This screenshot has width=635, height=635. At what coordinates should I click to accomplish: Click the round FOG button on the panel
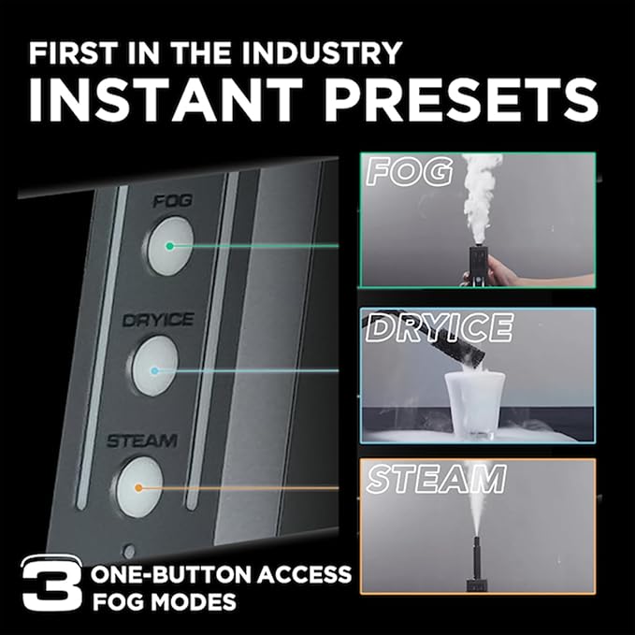pyautogui.click(x=169, y=246)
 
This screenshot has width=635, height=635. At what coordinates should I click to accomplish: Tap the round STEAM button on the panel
pyautogui.click(x=139, y=487)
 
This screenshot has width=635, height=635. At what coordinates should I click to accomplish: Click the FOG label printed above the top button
pyautogui.click(x=173, y=201)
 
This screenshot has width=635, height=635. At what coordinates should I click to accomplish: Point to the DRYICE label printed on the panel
pyautogui.click(x=158, y=321)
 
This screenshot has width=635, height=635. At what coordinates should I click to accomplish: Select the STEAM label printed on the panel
pyautogui.click(x=142, y=440)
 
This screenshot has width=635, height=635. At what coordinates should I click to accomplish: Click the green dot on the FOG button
pyautogui.click(x=170, y=246)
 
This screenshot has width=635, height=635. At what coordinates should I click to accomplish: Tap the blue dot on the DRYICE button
pyautogui.click(x=154, y=370)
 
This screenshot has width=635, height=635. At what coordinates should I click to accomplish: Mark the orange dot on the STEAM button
pyautogui.click(x=138, y=488)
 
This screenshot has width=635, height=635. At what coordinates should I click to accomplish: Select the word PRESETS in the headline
pyautogui.click(x=462, y=100)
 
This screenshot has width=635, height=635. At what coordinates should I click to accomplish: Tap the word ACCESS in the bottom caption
pyautogui.click(x=304, y=574)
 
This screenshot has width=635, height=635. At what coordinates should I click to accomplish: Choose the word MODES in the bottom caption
pyautogui.click(x=195, y=601)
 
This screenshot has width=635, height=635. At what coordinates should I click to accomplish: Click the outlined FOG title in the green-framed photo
pyautogui.click(x=409, y=172)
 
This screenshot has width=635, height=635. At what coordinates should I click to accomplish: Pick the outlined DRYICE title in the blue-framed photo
pyautogui.click(x=440, y=327)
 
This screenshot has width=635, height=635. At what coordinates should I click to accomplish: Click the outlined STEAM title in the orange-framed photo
pyautogui.click(x=436, y=479)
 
